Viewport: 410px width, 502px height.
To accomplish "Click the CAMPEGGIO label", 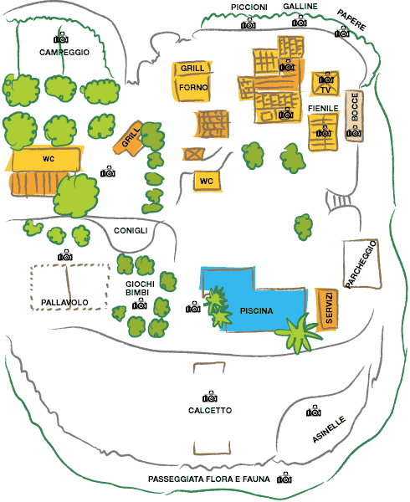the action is click(x=64, y=52).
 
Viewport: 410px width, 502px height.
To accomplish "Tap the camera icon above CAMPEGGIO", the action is click(x=61, y=38).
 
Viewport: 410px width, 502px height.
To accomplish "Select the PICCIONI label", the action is click(x=249, y=7).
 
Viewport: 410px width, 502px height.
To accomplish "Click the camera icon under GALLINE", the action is click(x=300, y=21).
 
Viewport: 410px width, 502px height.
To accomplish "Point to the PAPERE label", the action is click(x=351, y=20).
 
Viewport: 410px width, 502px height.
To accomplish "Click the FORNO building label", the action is click(x=193, y=87).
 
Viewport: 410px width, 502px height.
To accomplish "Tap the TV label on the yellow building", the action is click(x=325, y=90).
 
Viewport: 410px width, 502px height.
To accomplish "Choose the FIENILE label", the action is click(x=323, y=109).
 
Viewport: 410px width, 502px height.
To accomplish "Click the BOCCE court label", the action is click(x=355, y=106).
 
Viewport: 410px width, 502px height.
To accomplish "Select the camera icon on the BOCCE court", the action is click(x=354, y=131).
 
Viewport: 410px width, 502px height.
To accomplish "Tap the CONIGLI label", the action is click(x=131, y=231).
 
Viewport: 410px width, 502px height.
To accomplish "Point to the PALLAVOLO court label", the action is click(x=64, y=302).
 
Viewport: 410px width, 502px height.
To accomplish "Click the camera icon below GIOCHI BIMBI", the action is click(x=140, y=304).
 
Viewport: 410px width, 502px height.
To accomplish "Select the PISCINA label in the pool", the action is click(x=256, y=311).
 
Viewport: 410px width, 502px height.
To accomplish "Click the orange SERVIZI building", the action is click(x=327, y=308).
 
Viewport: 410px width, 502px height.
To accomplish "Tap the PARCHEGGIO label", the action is click(x=361, y=264).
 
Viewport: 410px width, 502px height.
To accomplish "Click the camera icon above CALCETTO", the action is click(x=210, y=397).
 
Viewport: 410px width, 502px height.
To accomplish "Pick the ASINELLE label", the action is click(x=329, y=429).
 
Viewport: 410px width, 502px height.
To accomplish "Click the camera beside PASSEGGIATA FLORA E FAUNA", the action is click(x=284, y=478).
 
